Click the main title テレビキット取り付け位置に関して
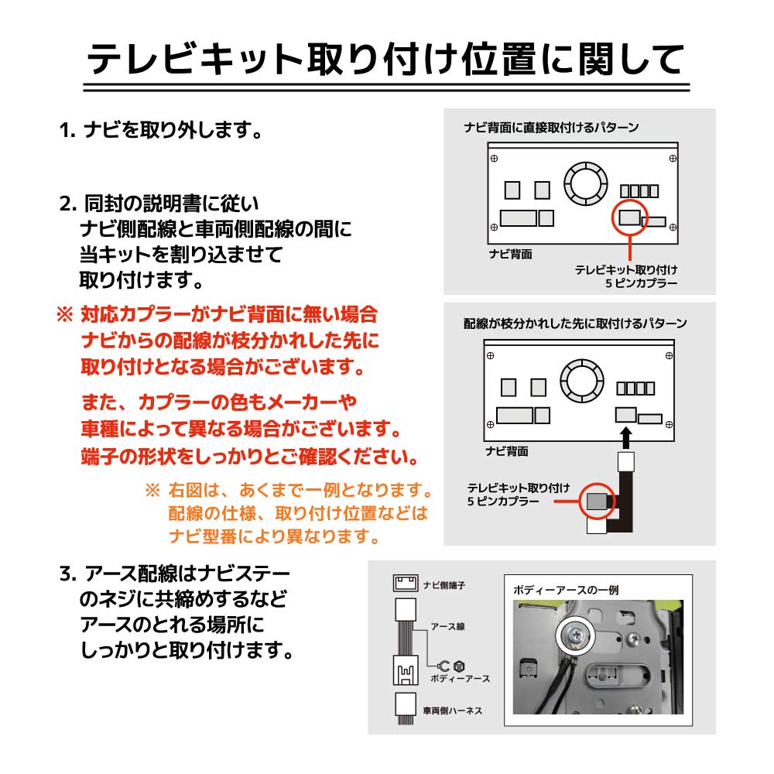pos(385,58)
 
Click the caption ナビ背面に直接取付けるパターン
pos(550,128)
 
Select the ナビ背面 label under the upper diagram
pos(510,254)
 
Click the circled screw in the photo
pos(574,634)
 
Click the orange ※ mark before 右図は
pos(152,491)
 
